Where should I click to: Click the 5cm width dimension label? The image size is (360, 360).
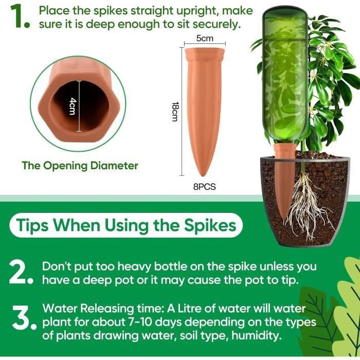click(205, 39)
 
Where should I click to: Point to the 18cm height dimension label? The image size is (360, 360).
click(175, 112)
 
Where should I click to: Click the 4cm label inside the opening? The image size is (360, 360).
click(73, 106)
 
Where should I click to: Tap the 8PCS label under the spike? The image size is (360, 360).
click(204, 187)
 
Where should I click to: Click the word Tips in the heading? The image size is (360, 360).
click(32, 225)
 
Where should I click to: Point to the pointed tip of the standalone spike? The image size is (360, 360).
click(203, 176)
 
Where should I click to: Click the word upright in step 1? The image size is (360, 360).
click(193, 11)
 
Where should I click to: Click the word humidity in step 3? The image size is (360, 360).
click(257, 336)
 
